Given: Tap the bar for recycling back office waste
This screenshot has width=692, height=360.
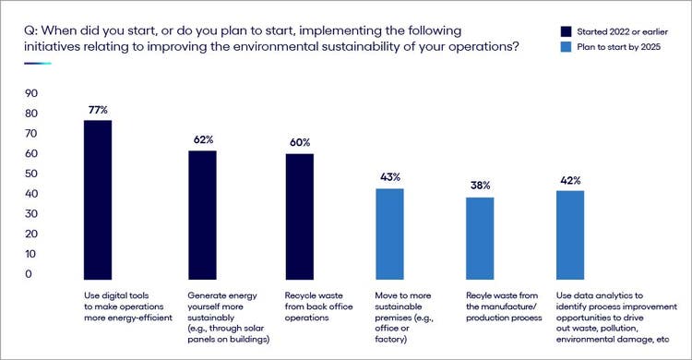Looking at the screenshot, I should tap(300, 214).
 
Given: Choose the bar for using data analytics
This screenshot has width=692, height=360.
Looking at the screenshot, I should tap(571, 232).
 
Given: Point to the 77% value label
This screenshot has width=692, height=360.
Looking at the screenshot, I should tap(98, 110).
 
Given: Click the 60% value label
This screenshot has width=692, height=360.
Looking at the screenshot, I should tap(300, 142).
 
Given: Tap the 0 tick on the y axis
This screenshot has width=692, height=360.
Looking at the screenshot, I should tap(30, 274).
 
